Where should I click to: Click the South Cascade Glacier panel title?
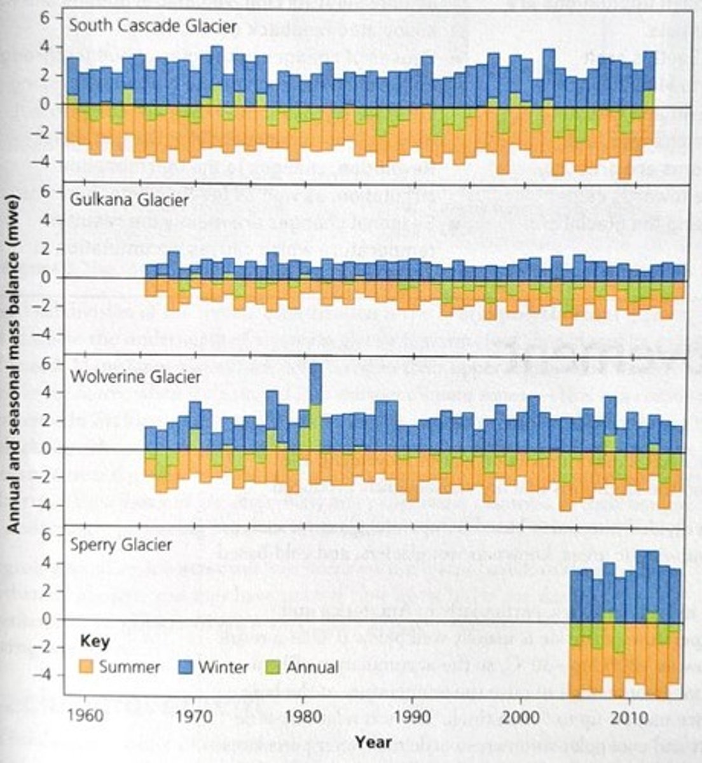[x=153, y=27]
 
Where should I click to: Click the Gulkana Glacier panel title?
[x=129, y=200]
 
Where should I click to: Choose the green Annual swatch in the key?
[x=273, y=666]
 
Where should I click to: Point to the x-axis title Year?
[x=373, y=741]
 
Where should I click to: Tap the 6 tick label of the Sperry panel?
[x=55, y=534]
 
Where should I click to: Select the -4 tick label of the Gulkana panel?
[x=51, y=334]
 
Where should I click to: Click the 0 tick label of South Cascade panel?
[x=55, y=104]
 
